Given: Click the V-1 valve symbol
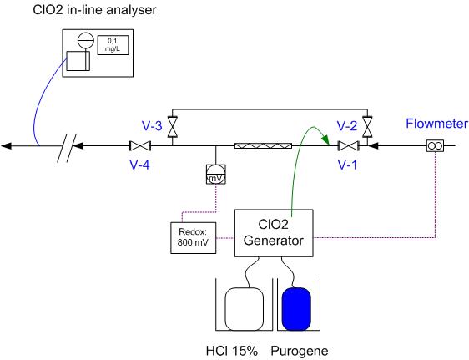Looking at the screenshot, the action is click(349, 146).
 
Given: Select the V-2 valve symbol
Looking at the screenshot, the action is click(367, 127).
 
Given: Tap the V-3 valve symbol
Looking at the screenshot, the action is click(173, 127).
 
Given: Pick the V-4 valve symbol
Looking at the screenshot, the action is click(140, 146).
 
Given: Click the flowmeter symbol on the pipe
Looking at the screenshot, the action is click(435, 146).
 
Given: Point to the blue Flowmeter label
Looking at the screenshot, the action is click(436, 124).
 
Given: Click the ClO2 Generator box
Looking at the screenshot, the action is click(274, 233).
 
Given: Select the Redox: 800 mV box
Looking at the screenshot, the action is click(194, 238).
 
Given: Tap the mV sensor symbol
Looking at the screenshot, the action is click(216, 175).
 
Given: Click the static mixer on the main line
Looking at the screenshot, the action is click(263, 146).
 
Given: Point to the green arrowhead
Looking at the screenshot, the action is click(325, 139).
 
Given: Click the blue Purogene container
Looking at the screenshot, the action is click(296, 309).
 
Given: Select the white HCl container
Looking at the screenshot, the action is click(245, 309).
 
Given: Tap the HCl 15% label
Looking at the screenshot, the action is click(232, 351).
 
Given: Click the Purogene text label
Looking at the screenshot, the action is click(300, 352).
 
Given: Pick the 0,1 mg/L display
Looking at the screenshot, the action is click(113, 45).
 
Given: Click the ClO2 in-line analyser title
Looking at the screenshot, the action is click(94, 10).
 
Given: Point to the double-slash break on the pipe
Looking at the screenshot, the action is click(67, 148).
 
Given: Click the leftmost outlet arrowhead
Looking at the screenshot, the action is click(7, 146).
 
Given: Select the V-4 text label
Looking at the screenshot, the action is click(139, 165).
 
